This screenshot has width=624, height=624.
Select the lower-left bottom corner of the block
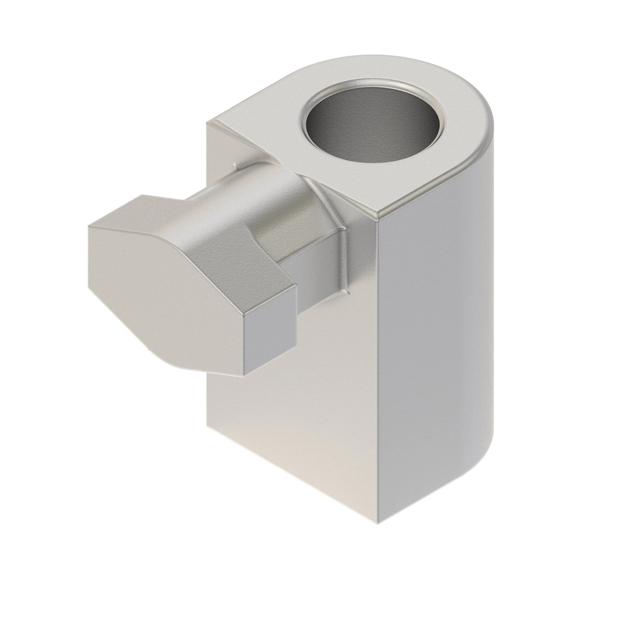click(x=208, y=426)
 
